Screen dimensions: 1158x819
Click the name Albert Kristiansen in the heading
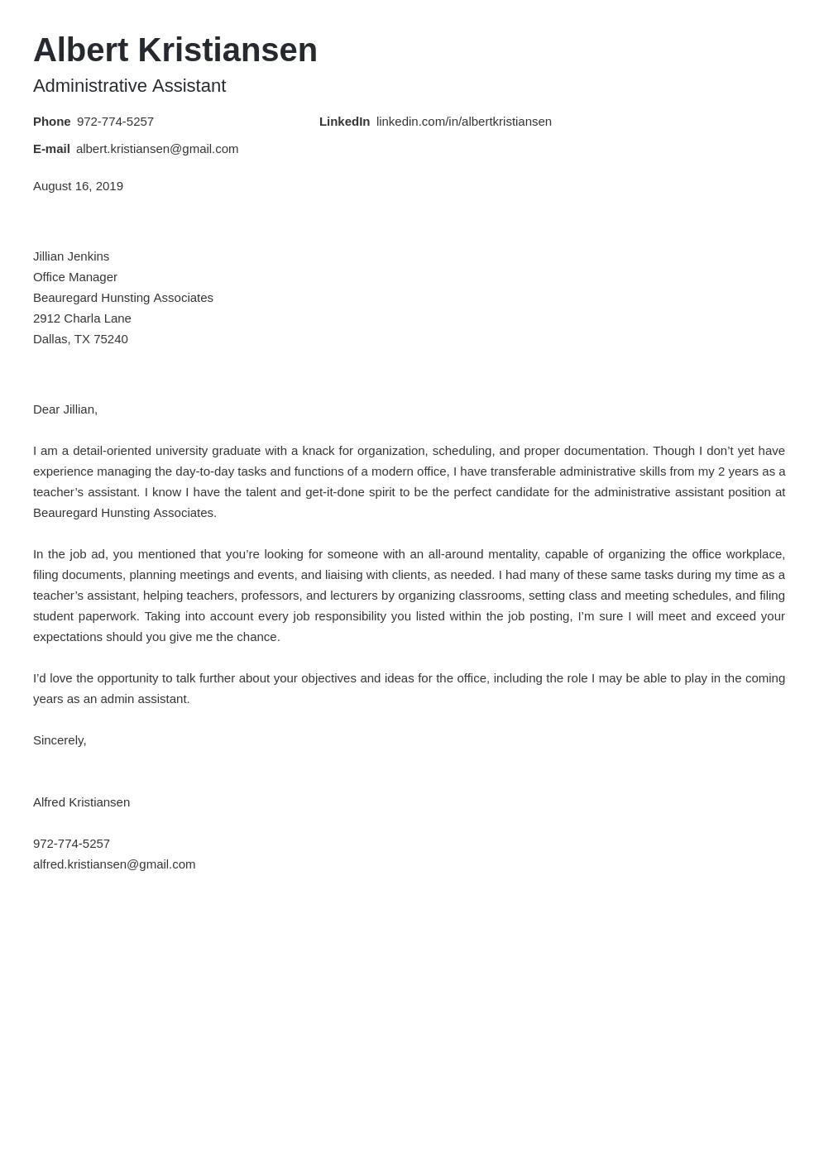(x=175, y=50)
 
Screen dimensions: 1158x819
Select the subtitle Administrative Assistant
(x=129, y=86)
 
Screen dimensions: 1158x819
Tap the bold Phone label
(x=51, y=122)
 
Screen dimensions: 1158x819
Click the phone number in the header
(x=115, y=122)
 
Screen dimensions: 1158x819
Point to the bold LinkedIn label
(x=344, y=122)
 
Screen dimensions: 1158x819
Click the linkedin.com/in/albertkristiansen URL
(x=463, y=122)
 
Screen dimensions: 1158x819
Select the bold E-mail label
(x=51, y=149)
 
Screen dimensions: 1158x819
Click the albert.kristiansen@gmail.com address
(x=157, y=149)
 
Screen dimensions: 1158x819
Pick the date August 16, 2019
(x=78, y=186)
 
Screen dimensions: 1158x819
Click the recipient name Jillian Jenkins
(x=71, y=256)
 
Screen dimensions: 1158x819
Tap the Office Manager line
(x=75, y=277)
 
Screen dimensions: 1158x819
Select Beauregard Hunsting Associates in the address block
(x=123, y=298)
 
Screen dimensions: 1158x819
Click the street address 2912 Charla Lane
(x=82, y=318)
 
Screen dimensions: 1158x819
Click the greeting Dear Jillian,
(x=65, y=409)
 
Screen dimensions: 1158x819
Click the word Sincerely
(x=59, y=740)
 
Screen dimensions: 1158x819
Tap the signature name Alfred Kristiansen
(x=81, y=802)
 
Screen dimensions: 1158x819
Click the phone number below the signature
(x=71, y=844)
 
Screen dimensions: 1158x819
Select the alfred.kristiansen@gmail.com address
(x=114, y=864)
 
